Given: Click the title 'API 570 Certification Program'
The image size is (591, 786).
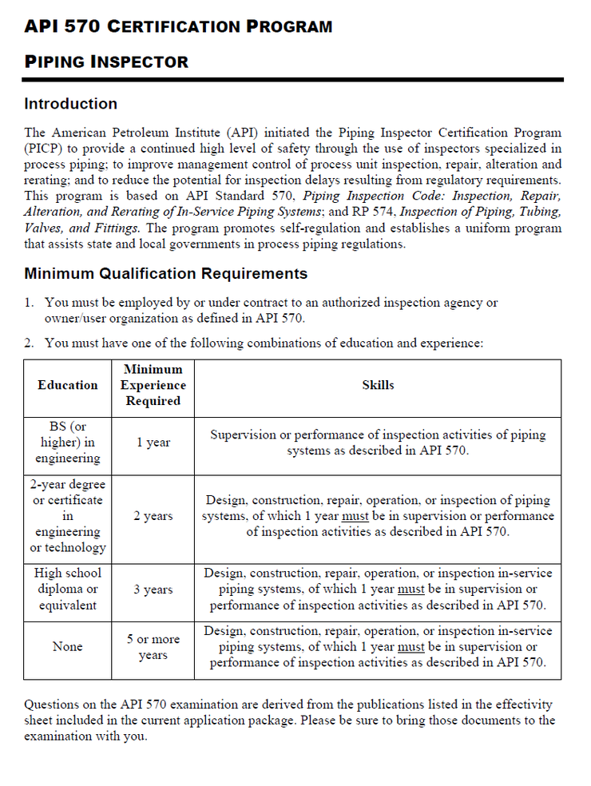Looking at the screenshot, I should pos(178,26).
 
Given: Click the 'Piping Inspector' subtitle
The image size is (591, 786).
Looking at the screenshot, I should pos(106,62).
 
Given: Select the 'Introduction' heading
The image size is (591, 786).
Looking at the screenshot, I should pos(70,104).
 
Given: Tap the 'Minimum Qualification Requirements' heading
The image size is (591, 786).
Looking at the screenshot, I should pos(165,274).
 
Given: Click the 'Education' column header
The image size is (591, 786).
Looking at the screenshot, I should pos(68,385).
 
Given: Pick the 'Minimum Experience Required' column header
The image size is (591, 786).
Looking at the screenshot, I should pos(153,385).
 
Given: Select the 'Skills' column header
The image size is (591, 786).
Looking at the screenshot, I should pos(378,385).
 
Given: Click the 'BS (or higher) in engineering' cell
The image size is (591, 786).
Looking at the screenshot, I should pos(68,443).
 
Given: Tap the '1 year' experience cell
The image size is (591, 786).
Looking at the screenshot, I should pos(153,443).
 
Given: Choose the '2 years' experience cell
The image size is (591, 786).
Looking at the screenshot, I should pos(153,516).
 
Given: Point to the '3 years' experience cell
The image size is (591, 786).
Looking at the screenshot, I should pos(153,589).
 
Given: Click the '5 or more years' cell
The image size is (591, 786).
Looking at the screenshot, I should pos(153,647).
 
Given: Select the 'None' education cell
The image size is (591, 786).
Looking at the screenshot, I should pos(68,647).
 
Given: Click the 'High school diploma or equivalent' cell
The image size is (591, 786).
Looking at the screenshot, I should pos(68,589).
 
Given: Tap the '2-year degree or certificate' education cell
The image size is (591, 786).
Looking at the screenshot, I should pos(68,516).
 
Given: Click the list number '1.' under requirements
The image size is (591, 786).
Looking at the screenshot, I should pos(29,303).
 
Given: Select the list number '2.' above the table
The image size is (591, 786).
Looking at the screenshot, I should pos(29,343).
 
